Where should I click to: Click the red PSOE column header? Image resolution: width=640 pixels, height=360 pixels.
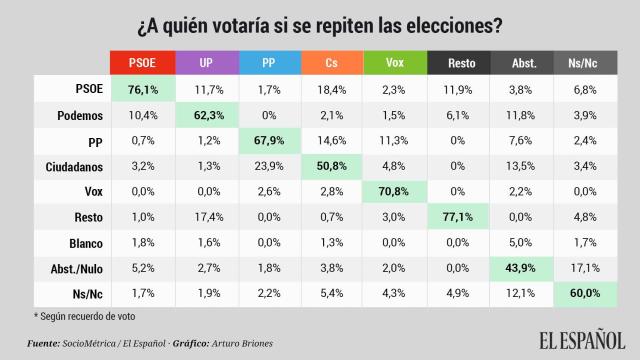point(142,62)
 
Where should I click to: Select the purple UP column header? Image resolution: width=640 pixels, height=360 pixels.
point(206,62)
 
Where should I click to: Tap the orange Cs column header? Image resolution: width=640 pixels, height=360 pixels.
point(332,62)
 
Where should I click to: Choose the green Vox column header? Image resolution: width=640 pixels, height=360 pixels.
point(395,62)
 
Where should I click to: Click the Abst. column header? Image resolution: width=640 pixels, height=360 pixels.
point(523,62)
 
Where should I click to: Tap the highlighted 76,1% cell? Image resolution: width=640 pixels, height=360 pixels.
point(142,90)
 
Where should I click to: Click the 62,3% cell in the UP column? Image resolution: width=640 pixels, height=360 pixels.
point(206,115)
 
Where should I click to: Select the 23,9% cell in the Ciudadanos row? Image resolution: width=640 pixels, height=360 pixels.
point(269,164)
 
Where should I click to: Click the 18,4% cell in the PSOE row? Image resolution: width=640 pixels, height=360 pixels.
point(332,90)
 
